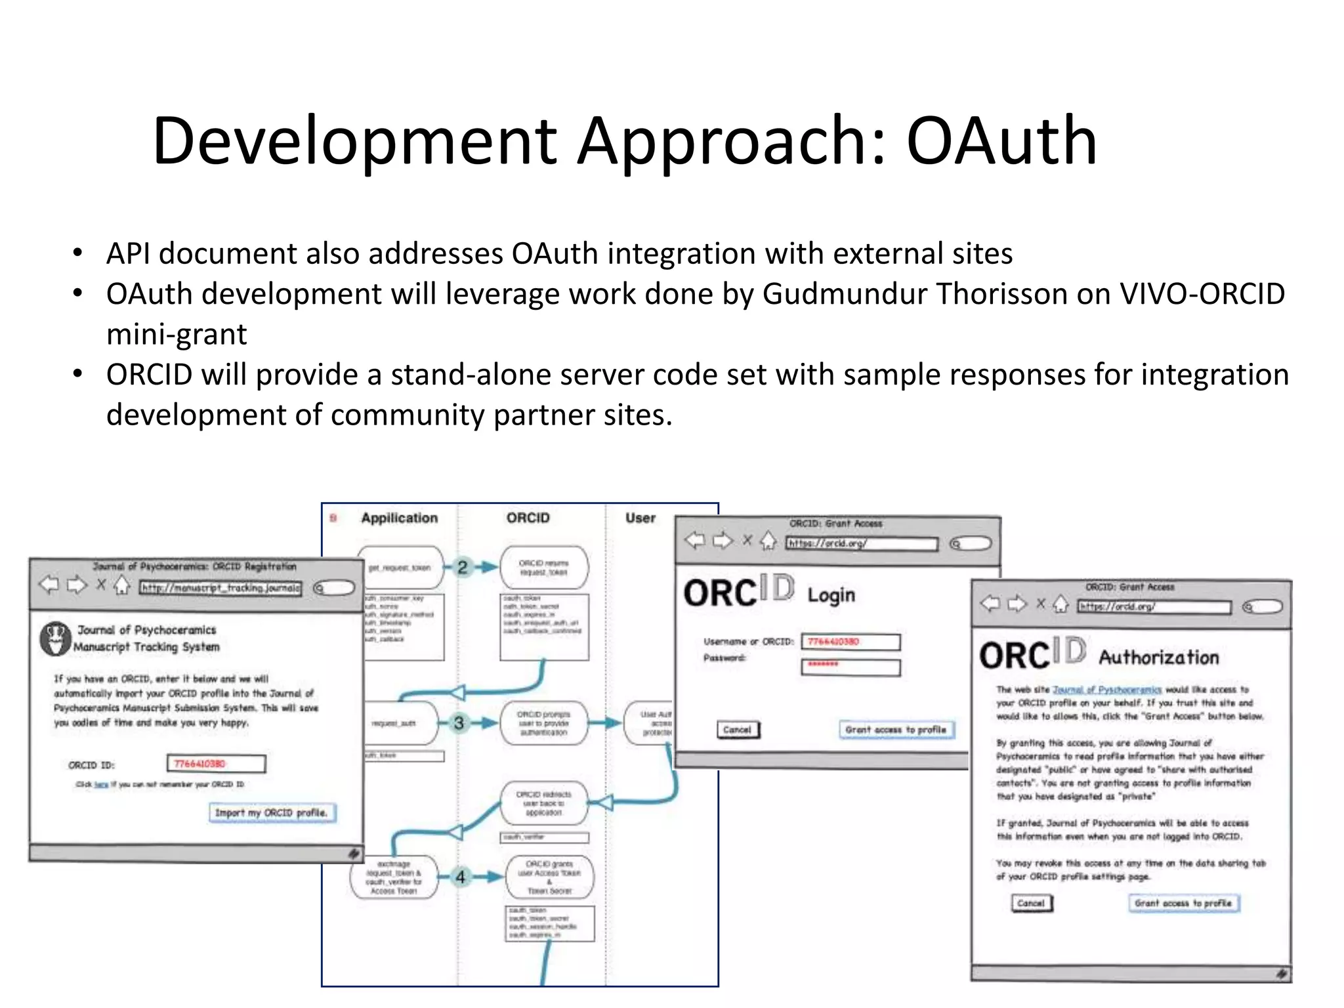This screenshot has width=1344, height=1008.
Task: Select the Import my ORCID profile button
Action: [272, 812]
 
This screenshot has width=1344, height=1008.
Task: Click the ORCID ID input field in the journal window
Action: [216, 764]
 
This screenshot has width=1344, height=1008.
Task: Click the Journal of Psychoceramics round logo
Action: [56, 639]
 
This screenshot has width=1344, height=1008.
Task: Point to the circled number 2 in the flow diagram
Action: [463, 567]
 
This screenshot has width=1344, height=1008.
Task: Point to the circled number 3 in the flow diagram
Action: [459, 723]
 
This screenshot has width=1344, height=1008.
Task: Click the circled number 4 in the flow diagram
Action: [461, 877]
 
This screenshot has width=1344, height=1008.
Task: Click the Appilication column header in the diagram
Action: [399, 518]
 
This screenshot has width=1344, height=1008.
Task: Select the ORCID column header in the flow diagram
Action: [528, 518]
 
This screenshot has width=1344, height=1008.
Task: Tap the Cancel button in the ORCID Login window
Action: [738, 730]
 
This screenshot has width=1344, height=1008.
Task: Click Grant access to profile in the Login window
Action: [896, 730]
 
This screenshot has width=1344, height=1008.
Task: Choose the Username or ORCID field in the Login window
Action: [850, 642]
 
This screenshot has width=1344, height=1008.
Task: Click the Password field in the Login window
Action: [850, 667]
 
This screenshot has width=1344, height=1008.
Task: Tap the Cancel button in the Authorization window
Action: [1031, 904]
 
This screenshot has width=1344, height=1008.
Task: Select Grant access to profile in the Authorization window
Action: [1183, 904]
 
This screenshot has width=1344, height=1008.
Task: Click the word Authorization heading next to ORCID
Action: [1158, 657]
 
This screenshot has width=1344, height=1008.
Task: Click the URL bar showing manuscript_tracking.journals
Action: [220, 588]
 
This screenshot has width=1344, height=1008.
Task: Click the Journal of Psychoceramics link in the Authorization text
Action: [1106, 690]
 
